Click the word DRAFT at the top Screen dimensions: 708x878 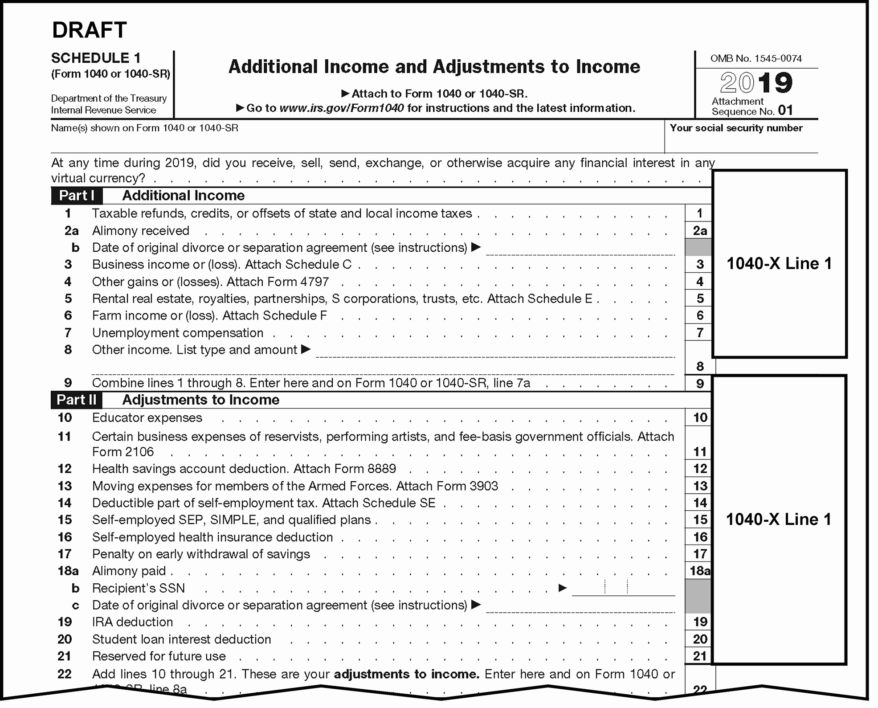point(90,30)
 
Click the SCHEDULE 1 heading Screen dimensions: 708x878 point(96,58)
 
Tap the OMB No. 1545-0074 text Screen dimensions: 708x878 point(756,58)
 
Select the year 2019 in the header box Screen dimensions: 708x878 point(756,83)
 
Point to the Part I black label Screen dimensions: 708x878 point(77,196)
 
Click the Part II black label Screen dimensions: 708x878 point(77,400)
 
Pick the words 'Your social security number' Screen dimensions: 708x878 point(736,128)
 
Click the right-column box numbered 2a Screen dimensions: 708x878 point(699,231)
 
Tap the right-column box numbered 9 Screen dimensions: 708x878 point(699,383)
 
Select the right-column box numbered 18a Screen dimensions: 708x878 point(699,571)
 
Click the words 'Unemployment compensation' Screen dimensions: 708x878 point(178,333)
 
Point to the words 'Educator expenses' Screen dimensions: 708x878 point(147,417)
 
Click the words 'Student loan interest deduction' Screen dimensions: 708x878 point(181,639)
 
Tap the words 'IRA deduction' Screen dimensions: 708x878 point(132,622)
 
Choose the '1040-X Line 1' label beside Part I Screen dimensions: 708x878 point(779,264)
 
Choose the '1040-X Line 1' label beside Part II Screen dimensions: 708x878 point(779,520)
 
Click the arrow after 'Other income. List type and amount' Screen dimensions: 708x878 point(306,349)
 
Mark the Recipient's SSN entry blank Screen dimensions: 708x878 point(623,588)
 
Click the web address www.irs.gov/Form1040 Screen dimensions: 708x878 point(342,108)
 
